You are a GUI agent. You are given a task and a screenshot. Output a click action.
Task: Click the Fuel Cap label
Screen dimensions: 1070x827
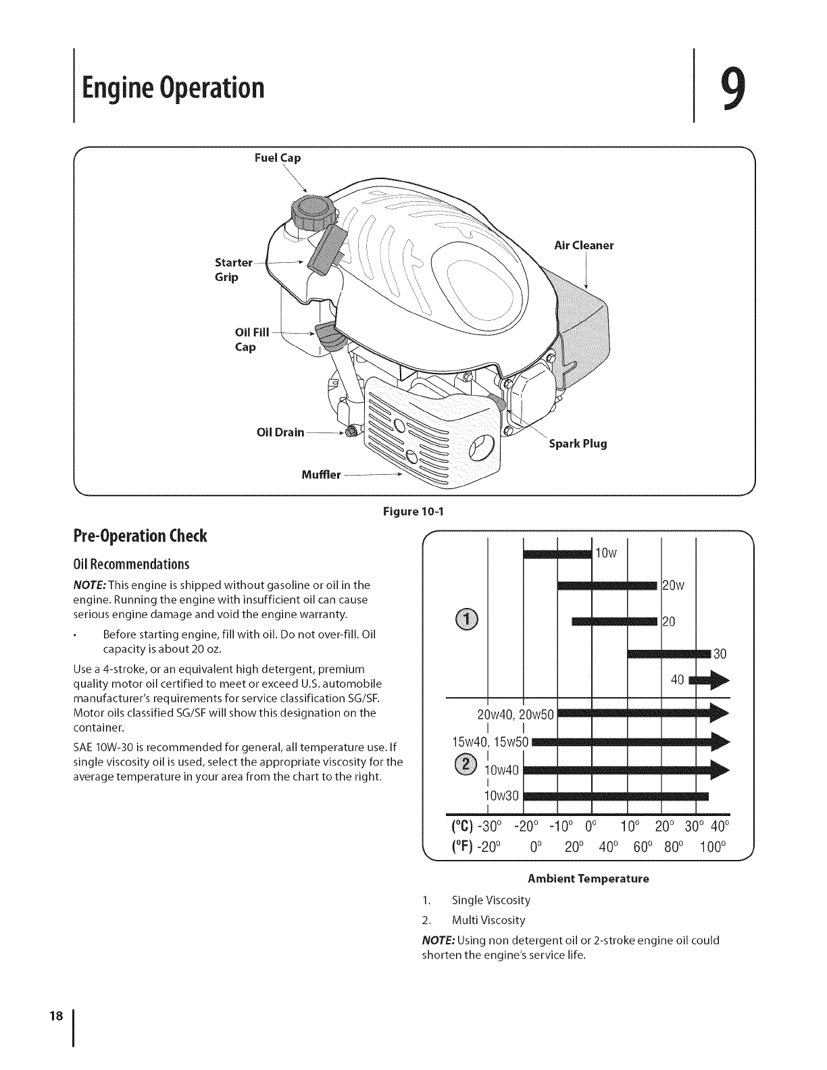pos(277,158)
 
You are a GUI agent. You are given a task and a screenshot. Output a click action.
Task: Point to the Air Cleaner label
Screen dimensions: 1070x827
pos(583,246)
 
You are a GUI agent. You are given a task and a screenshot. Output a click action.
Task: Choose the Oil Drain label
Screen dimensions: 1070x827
pos(280,432)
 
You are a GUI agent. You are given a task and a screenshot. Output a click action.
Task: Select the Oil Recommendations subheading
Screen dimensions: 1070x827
pos(130,564)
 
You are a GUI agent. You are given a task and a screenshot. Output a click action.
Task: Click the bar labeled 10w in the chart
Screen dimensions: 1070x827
pos(557,554)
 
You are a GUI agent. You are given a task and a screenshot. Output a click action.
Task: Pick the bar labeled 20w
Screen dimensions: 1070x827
pos(607,585)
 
